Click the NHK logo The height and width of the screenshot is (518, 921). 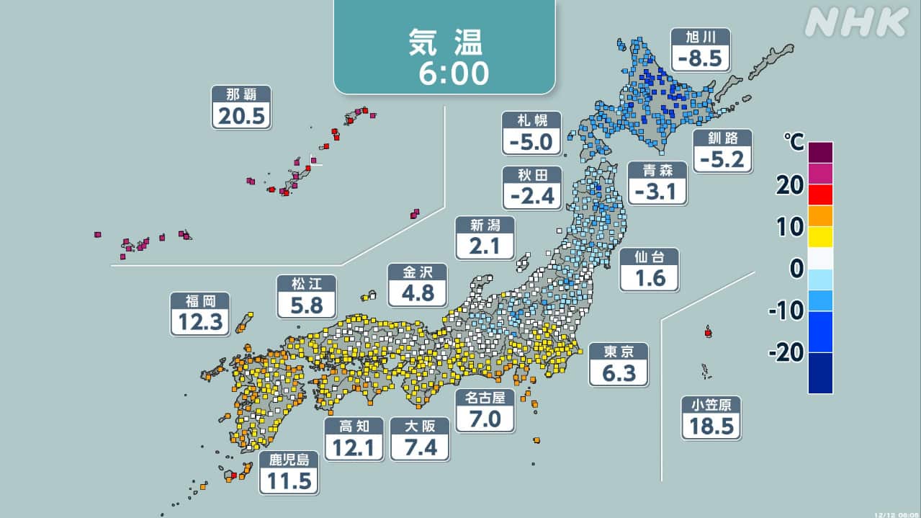(856, 23)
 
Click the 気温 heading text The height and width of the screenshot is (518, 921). (444, 43)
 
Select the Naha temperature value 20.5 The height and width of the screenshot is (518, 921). (241, 115)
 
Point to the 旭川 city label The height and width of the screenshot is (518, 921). (700, 37)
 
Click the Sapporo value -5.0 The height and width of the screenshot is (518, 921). (531, 142)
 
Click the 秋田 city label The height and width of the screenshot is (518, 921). (531, 174)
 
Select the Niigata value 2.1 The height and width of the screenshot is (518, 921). (485, 246)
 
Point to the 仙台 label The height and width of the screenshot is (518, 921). (649, 256)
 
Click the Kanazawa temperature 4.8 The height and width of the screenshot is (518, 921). (417, 293)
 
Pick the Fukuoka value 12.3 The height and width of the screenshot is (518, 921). (200, 322)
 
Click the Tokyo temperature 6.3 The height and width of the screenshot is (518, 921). (619, 373)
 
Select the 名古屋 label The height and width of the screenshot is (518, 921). (485, 397)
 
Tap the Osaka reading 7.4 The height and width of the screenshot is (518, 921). (419, 447)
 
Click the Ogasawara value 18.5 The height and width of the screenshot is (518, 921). (711, 426)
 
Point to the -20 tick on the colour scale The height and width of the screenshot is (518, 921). (784, 352)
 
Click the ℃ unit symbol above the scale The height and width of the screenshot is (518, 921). (795, 143)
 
